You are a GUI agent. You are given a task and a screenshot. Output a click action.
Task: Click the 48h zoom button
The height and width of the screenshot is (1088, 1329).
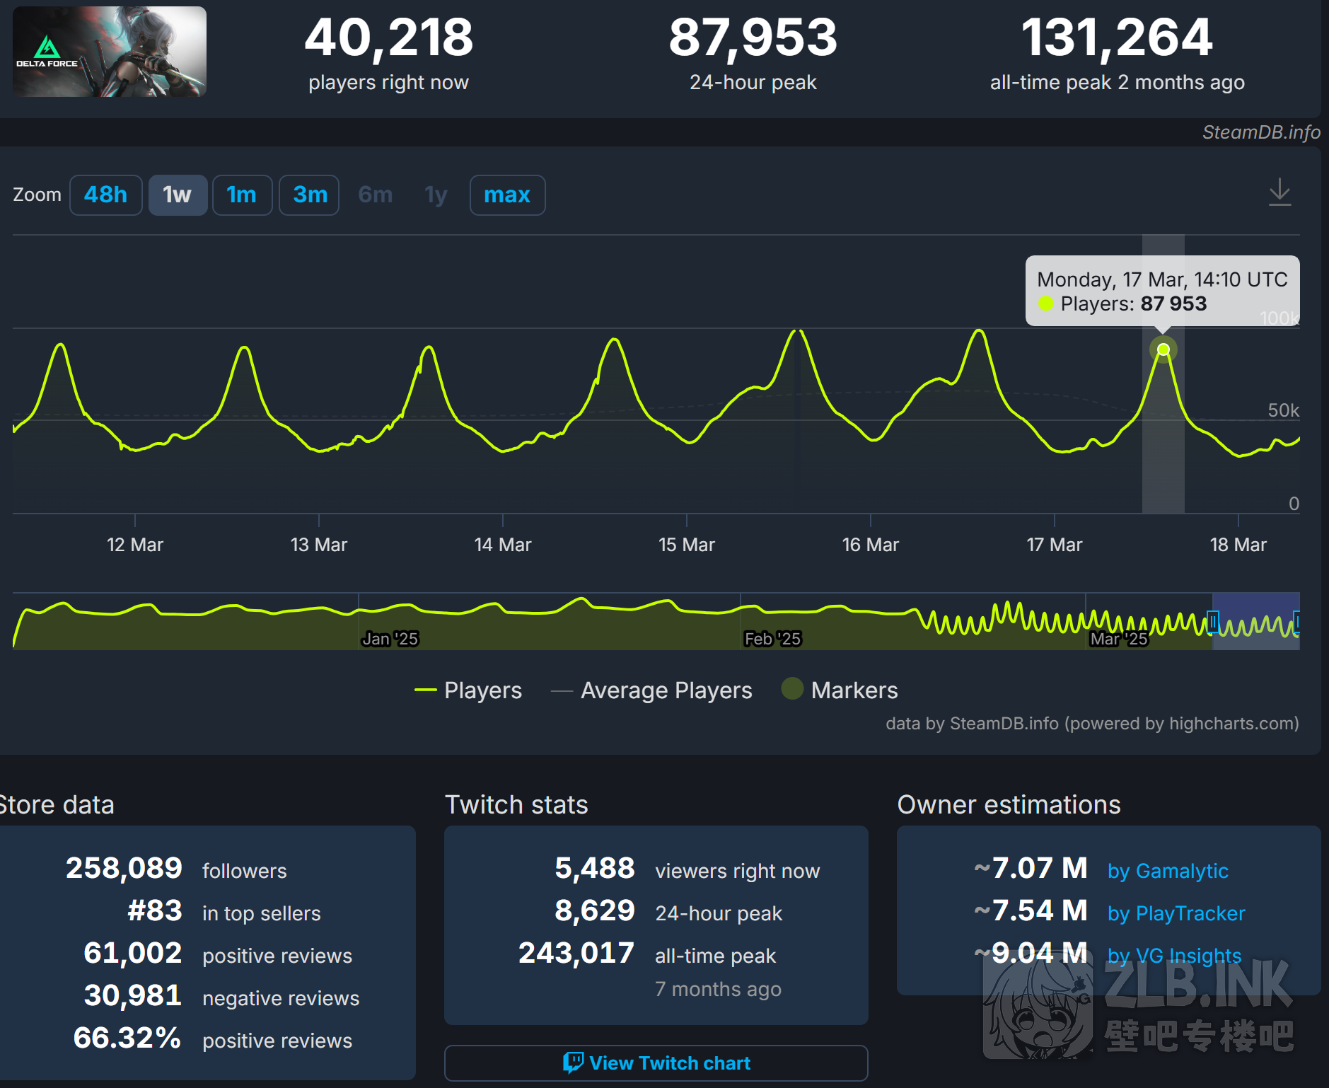(x=105, y=195)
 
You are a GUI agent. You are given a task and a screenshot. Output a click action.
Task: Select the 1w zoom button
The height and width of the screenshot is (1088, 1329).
(x=177, y=195)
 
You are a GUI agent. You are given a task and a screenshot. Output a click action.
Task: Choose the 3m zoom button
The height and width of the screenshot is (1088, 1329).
(x=310, y=195)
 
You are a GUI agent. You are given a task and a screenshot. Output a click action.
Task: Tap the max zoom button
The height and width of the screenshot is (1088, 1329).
(x=507, y=195)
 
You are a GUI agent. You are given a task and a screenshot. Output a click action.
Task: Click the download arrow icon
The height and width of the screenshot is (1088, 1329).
(x=1279, y=192)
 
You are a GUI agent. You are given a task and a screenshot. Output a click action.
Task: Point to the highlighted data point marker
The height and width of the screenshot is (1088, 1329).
(x=1163, y=349)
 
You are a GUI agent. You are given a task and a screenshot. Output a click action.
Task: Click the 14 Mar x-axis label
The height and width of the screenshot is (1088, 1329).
(x=502, y=545)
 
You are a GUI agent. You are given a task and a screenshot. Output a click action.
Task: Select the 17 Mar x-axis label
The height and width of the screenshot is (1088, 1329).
(x=1054, y=545)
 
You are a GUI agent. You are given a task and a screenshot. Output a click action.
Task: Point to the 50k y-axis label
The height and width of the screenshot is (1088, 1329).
(x=1283, y=410)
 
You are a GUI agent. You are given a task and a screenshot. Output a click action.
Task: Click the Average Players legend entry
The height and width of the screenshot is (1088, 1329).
(x=666, y=690)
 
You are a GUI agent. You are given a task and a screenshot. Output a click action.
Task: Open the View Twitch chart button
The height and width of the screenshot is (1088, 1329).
(x=656, y=1063)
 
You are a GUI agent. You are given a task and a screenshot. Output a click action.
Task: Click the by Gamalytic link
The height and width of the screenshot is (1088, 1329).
(x=1168, y=871)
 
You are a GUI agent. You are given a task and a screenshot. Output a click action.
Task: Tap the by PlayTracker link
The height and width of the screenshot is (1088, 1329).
(x=1176, y=913)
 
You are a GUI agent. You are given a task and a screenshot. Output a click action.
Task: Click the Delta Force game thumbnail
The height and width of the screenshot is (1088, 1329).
(x=110, y=52)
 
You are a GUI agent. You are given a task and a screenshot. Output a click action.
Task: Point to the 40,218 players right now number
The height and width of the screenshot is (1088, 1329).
(x=388, y=38)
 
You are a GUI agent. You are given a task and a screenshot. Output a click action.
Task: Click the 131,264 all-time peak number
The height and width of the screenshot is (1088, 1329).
(x=1117, y=38)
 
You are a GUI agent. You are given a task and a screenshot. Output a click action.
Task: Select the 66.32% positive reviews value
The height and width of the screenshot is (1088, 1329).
(x=127, y=1038)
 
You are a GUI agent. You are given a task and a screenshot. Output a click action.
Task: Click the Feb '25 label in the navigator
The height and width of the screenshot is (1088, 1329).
(x=772, y=639)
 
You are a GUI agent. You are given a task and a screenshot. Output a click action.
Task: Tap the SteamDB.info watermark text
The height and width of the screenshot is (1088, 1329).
(x=1261, y=132)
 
